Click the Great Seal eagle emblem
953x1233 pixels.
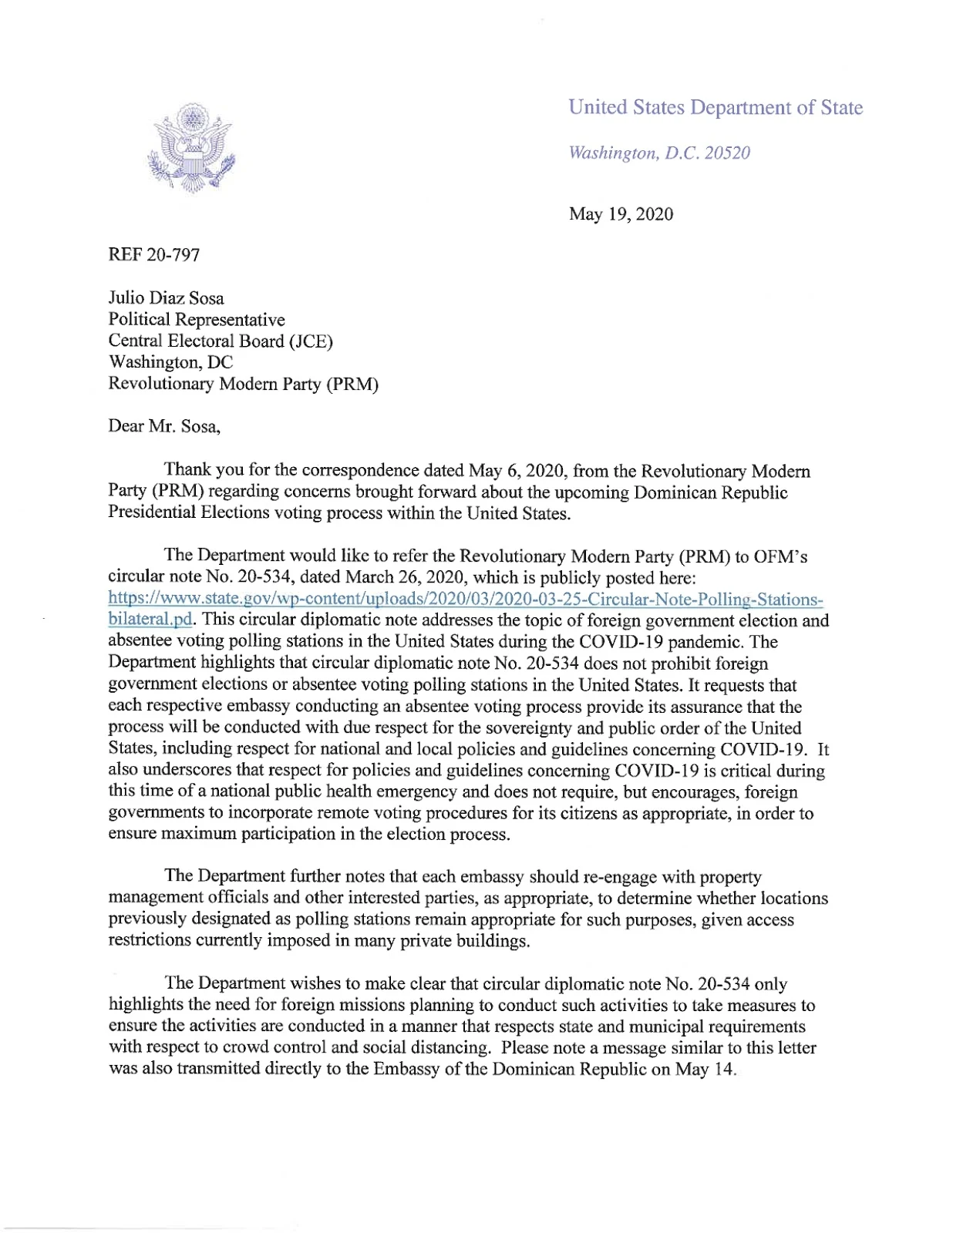pyautogui.click(x=190, y=150)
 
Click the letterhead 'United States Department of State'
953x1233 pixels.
pyautogui.click(x=715, y=107)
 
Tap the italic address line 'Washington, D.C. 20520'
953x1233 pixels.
pyautogui.click(x=658, y=153)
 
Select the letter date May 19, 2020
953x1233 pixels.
pyautogui.click(x=621, y=214)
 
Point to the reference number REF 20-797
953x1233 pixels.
pyautogui.click(x=154, y=254)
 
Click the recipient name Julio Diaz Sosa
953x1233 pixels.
pyautogui.click(x=166, y=298)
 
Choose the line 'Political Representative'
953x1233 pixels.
pyautogui.click(x=197, y=320)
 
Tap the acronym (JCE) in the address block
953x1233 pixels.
pyautogui.click(x=311, y=341)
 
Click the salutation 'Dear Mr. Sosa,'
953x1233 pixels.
pyautogui.click(x=164, y=426)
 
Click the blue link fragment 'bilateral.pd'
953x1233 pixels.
pyautogui.click(x=150, y=620)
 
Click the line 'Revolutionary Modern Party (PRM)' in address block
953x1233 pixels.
pyautogui.click(x=243, y=384)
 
